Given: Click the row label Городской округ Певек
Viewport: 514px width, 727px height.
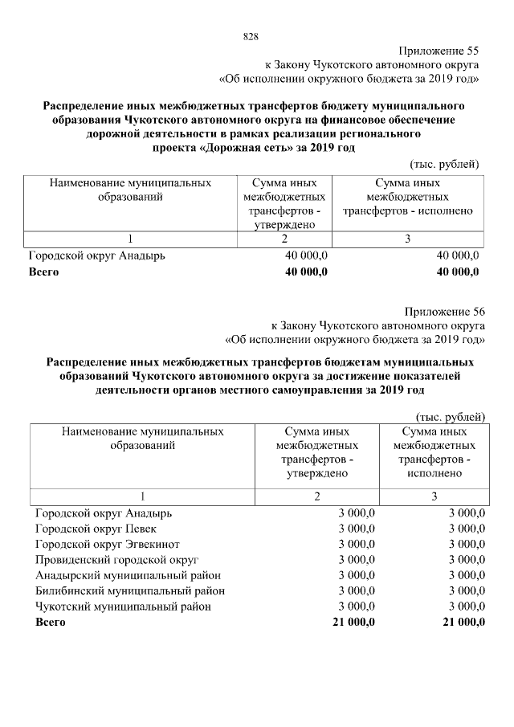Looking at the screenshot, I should (x=96, y=528).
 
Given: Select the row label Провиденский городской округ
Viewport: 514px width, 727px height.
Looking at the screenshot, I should (x=116, y=559).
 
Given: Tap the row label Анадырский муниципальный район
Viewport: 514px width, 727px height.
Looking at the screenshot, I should (x=128, y=575).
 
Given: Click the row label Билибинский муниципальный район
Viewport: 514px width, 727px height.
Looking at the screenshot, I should (x=129, y=590).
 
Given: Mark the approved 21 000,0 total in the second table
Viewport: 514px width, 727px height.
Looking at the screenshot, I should (x=353, y=622).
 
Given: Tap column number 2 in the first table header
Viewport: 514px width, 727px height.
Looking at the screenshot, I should (x=284, y=239).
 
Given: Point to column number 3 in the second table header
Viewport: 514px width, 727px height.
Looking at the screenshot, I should (x=434, y=496).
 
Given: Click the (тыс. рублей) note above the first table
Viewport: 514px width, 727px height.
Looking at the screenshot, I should (x=445, y=164).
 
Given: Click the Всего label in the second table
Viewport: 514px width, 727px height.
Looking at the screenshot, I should (x=50, y=622).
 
